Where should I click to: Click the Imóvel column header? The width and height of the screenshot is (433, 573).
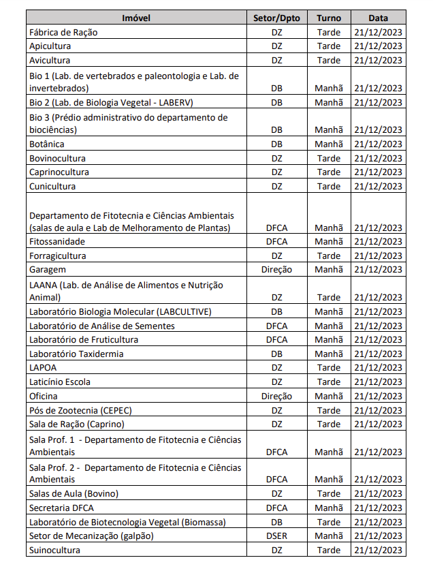pyautogui.click(x=136, y=18)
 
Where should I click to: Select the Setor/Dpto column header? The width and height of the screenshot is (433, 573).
pyautogui.click(x=276, y=18)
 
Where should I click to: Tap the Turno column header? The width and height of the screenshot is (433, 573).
pyautogui.click(x=328, y=18)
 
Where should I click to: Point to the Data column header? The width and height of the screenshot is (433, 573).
pyautogui.click(x=378, y=18)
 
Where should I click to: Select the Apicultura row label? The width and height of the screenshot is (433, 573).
pyautogui.click(x=50, y=46)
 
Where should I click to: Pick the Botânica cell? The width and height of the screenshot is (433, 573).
pyautogui.click(x=47, y=144)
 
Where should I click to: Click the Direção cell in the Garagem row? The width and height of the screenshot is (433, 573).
pyautogui.click(x=276, y=270)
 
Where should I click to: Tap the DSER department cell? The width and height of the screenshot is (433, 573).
pyautogui.click(x=276, y=536)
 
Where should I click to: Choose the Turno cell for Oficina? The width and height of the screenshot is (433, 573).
pyautogui.click(x=328, y=396)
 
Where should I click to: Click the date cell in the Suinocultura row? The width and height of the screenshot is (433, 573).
pyautogui.click(x=378, y=550)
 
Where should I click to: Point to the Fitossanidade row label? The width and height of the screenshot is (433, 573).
pyautogui.click(x=57, y=242)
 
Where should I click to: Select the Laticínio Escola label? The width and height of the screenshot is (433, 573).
pyautogui.click(x=60, y=382)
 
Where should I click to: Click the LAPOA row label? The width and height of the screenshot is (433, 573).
pyautogui.click(x=43, y=368)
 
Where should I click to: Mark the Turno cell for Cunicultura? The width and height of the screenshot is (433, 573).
pyautogui.click(x=328, y=186)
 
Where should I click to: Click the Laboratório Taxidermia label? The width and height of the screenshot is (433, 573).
pyautogui.click(x=76, y=354)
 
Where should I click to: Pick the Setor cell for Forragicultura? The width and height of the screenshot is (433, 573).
pyautogui.click(x=276, y=255)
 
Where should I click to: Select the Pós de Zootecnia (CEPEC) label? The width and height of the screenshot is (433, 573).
pyautogui.click(x=80, y=410)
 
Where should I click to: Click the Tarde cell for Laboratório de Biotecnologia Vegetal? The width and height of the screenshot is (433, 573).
pyautogui.click(x=328, y=522)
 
